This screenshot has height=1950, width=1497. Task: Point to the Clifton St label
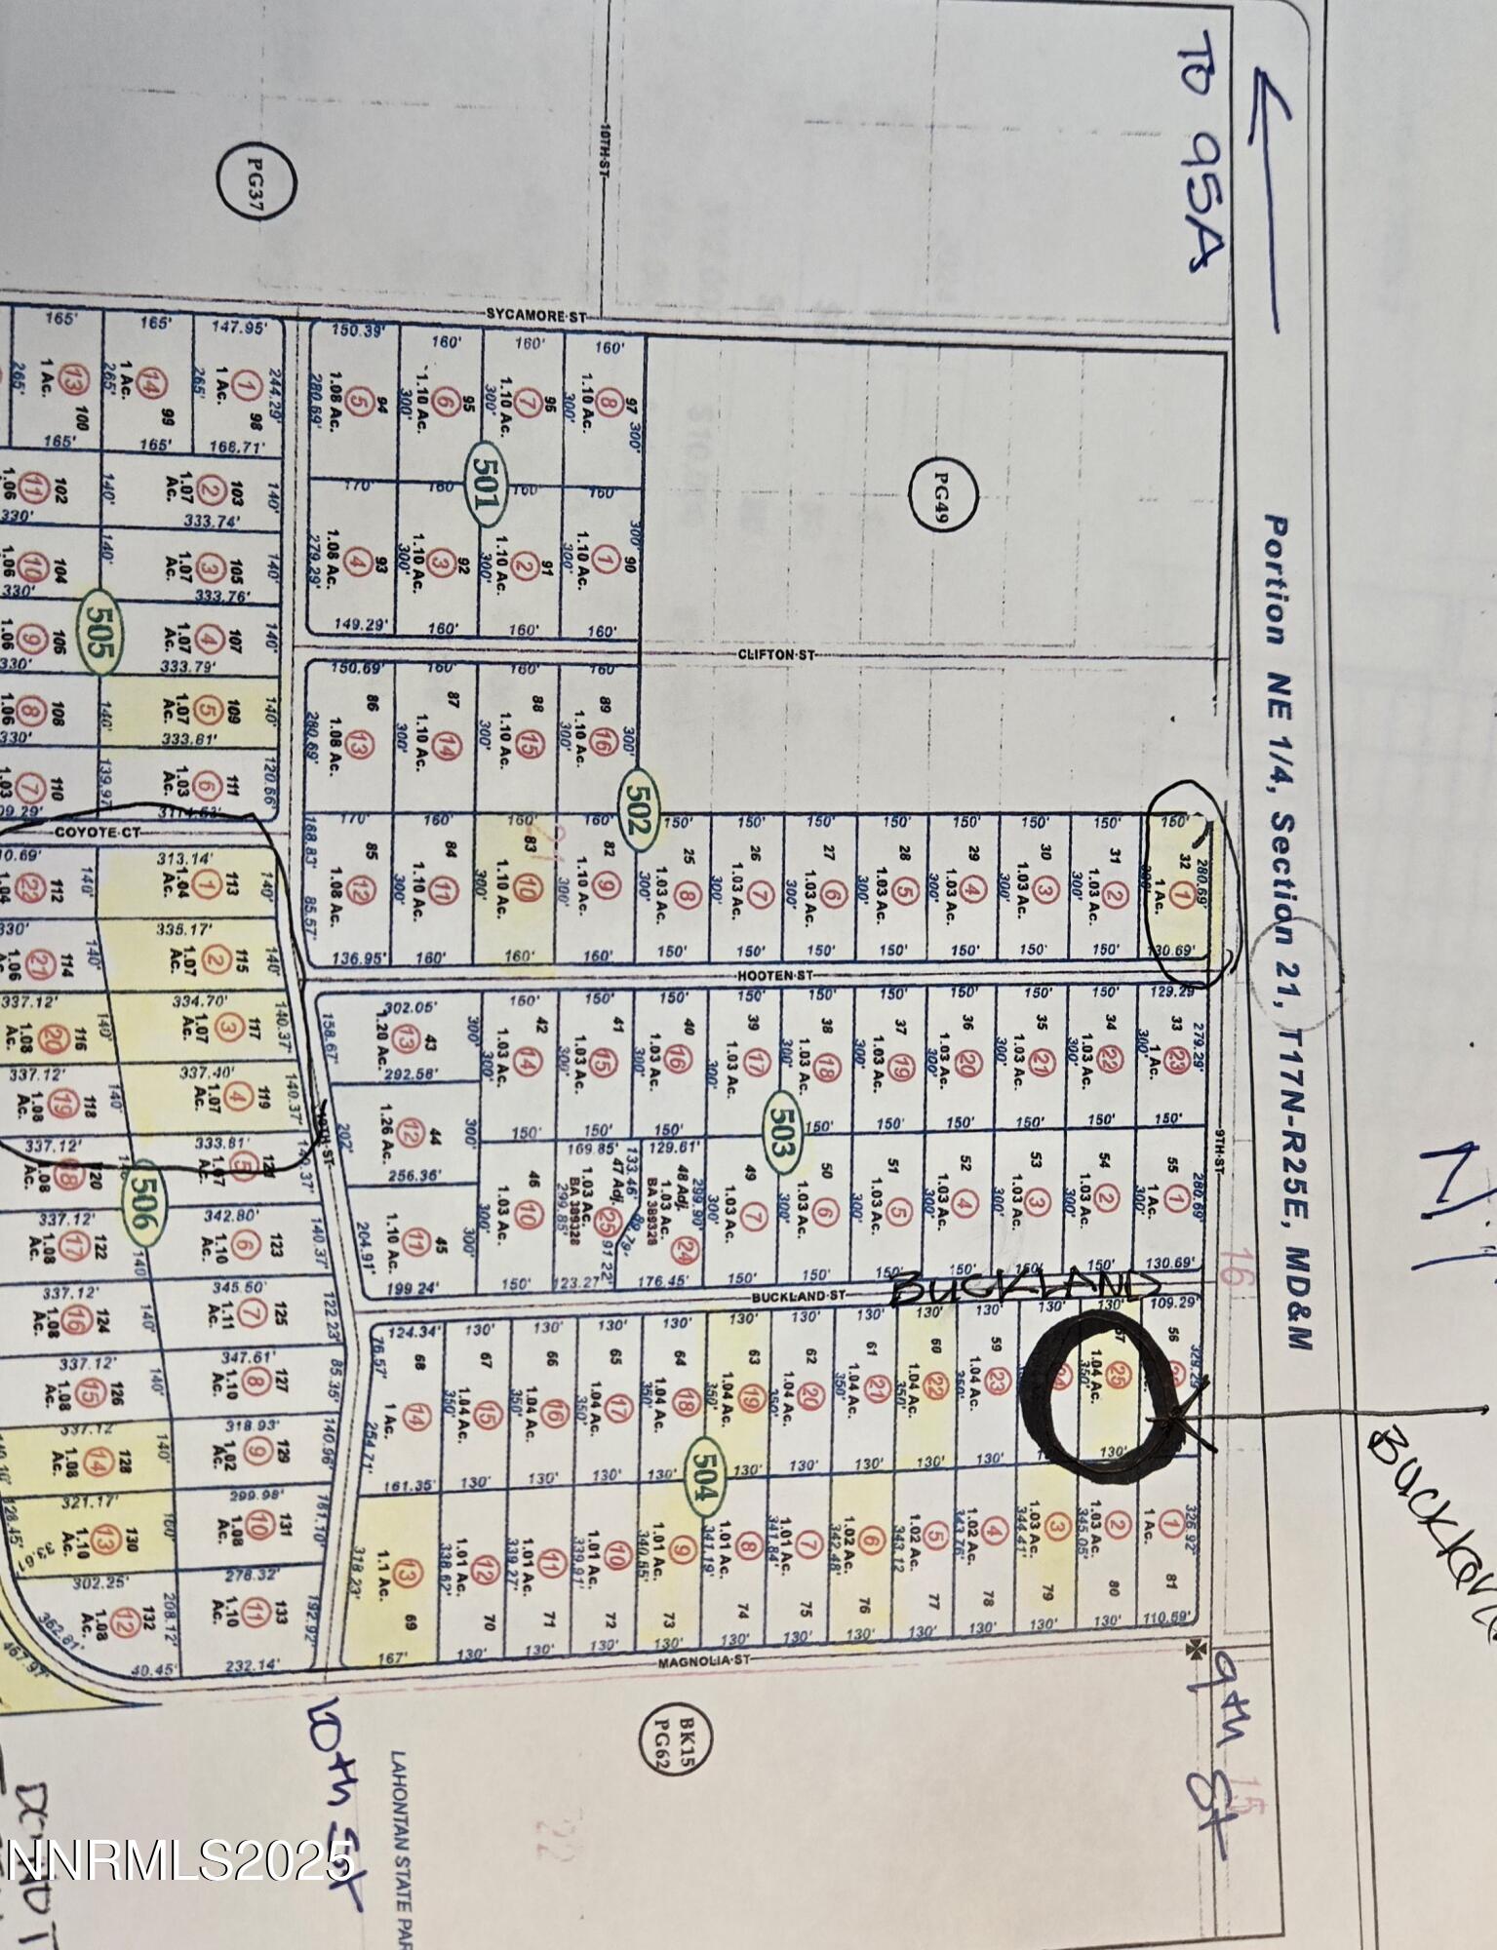(x=775, y=655)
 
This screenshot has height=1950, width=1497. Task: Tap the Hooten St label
(x=775, y=975)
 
